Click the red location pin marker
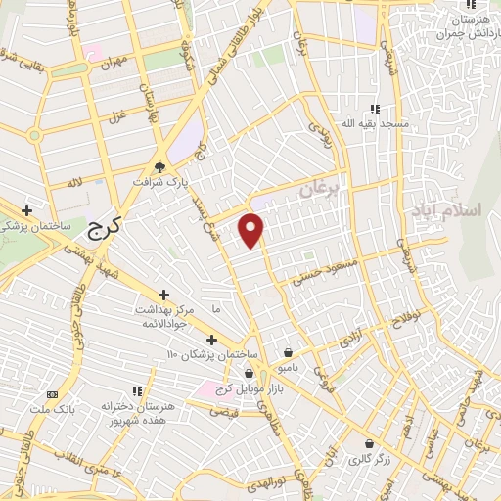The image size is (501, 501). (x=252, y=229)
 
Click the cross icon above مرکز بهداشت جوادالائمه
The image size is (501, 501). (x=163, y=295)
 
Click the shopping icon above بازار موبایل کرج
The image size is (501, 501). (x=249, y=373)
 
